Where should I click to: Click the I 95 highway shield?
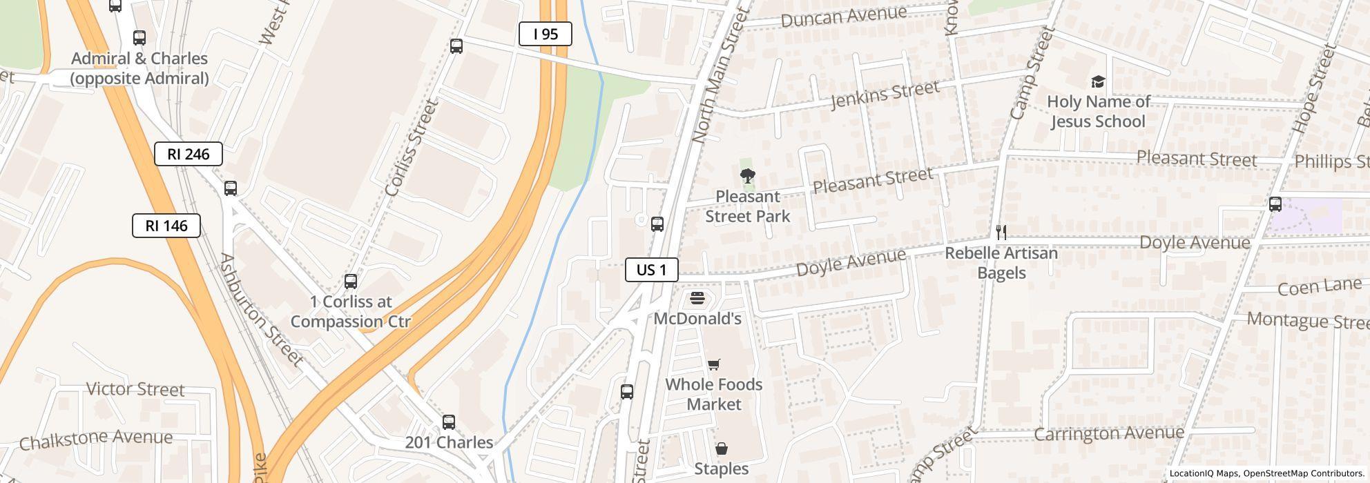tap(545, 34)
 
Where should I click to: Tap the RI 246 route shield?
tap(188, 154)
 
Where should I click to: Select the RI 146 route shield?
tap(166, 226)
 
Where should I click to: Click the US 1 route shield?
tap(651, 270)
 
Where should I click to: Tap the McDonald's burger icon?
tap(697, 299)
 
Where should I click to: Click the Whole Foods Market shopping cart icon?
tap(714, 364)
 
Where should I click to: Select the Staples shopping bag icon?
tap(721, 448)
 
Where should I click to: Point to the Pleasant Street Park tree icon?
tap(746, 176)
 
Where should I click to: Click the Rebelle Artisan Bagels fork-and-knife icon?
tap(1001, 233)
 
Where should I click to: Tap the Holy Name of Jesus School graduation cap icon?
tap(1098, 82)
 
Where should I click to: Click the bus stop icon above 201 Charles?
tap(449, 422)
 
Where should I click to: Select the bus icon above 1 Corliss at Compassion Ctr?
tap(351, 282)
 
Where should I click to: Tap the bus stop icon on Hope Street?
tap(1275, 204)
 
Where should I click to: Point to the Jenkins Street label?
tap(885, 95)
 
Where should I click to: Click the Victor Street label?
tap(135, 389)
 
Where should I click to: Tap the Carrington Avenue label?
tap(1109, 433)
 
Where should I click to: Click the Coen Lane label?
tap(1319, 286)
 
